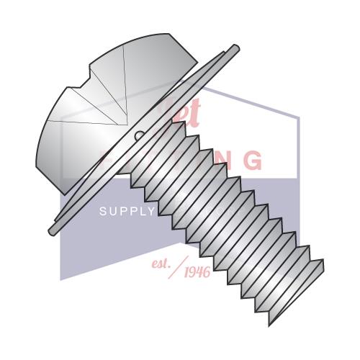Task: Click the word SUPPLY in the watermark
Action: point(127,211)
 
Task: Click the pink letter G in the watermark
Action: point(252,161)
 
